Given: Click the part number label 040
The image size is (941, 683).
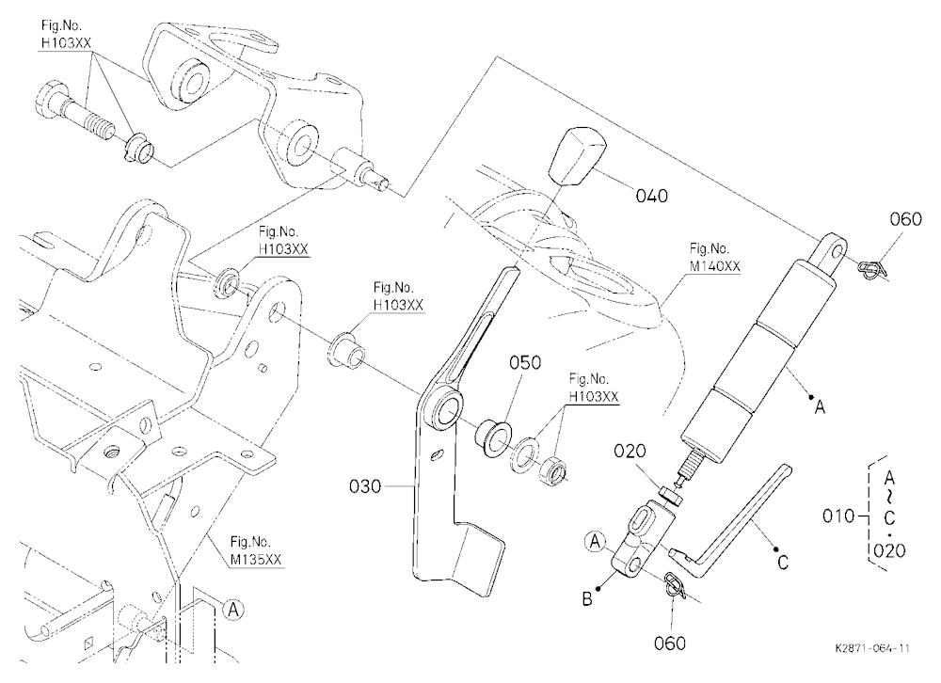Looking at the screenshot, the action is tap(651, 196).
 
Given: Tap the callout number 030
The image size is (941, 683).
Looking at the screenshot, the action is tap(365, 486).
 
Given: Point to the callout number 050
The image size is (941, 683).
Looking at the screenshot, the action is tap(524, 362).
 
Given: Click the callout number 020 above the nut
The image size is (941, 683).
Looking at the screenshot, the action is tap(630, 451).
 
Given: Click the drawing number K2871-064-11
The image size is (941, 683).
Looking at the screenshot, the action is tap(872, 648).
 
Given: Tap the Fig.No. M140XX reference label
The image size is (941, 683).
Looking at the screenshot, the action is tap(714, 258).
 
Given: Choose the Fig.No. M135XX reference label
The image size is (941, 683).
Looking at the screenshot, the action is tap(256, 551).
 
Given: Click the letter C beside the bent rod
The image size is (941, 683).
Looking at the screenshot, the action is tap(783, 563).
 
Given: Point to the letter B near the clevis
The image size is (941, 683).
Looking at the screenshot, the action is tap(587, 599).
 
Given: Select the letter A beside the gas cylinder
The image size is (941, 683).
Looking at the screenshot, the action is tap(820, 407).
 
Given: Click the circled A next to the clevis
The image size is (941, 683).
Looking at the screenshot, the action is tap(594, 542).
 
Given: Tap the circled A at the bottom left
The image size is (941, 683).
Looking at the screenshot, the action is tap(232, 610).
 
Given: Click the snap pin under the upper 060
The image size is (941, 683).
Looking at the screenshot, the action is tap(872, 270).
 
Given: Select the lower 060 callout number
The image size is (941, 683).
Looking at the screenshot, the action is tap(669, 643).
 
